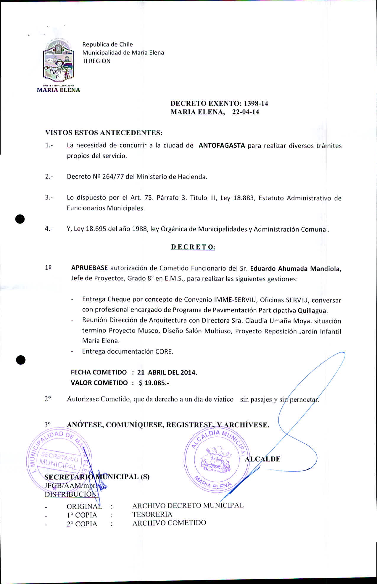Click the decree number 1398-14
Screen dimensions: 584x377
coord(256,104)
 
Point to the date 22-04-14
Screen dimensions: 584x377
coord(246,112)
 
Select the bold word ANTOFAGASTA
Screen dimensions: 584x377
coord(222,146)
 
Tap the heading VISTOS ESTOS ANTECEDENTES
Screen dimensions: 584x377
coord(104,133)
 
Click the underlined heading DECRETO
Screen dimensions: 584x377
coord(193,247)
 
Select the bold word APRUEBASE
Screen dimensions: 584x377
coord(89,268)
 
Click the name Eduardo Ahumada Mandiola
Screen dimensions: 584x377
coord(296,269)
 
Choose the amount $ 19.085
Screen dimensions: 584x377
coord(153,383)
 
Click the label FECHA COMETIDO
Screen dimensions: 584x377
coord(99,372)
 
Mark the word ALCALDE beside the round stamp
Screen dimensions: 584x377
coord(262,459)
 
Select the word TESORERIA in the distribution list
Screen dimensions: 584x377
coord(152,514)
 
